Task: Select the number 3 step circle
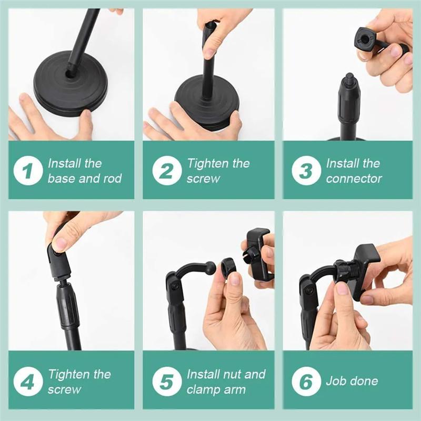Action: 306,171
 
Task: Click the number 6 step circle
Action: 306,382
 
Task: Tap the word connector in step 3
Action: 354,178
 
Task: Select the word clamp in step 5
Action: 203,389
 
